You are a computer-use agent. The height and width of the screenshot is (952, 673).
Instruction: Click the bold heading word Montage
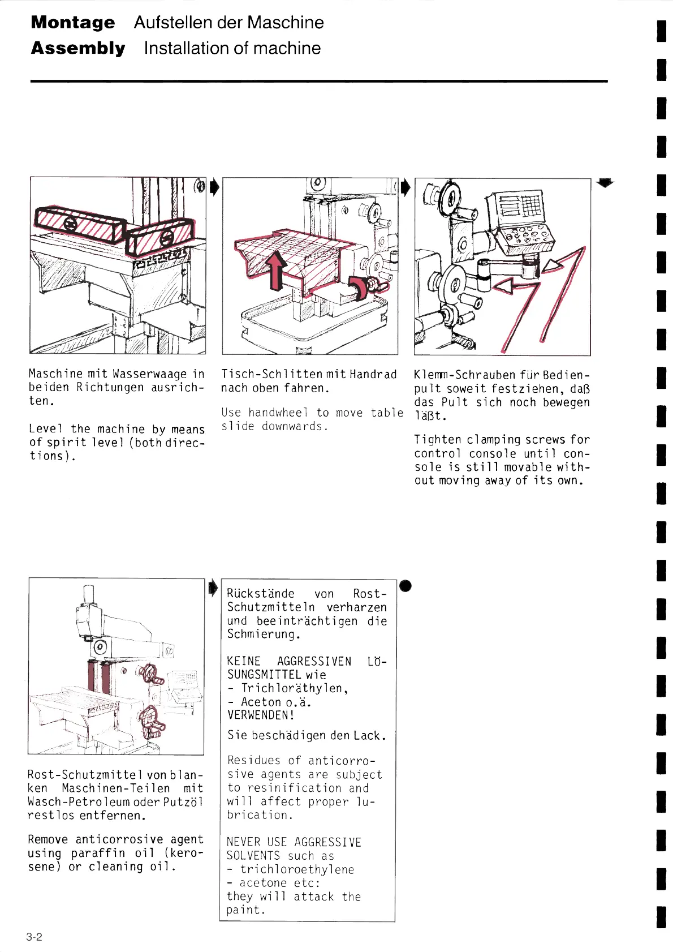[x=73, y=23]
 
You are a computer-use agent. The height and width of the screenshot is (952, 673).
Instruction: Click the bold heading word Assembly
[x=78, y=48]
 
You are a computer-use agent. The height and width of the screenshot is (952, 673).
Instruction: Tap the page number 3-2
[x=34, y=937]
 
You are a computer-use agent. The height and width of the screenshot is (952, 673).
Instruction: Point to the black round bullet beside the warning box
[x=405, y=586]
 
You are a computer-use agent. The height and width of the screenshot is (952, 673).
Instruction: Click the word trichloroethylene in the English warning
[x=297, y=869]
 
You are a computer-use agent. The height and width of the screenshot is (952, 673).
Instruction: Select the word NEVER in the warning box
[x=243, y=842]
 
